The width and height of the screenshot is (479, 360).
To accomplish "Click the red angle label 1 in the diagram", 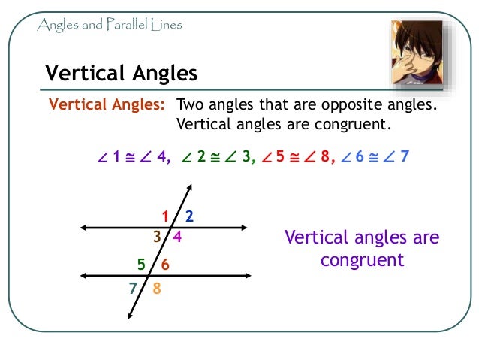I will tap(165, 217).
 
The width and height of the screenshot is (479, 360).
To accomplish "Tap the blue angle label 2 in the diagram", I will tap(189, 217).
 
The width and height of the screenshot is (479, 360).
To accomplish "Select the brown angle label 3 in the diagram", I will tap(157, 237).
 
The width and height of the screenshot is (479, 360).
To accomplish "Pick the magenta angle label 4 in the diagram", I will tap(177, 237).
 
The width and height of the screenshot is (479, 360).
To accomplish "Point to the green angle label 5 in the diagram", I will tap(141, 265).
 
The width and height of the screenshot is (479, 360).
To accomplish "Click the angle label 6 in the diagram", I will tap(165, 265).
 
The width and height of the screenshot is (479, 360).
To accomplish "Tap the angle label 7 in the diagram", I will tap(132, 288).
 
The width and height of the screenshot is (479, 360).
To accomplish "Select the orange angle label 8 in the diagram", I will tap(156, 288).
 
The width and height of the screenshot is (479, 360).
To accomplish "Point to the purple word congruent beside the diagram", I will tap(362, 260).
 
